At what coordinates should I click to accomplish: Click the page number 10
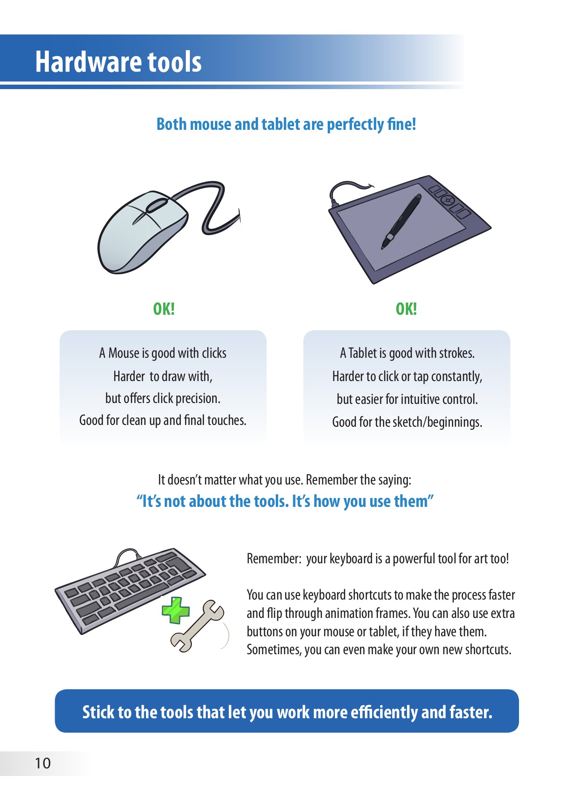43,763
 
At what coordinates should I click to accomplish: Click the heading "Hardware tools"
118,61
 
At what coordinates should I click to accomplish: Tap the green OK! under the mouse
164,309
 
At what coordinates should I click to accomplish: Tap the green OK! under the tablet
406,309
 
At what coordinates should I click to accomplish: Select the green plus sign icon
176,610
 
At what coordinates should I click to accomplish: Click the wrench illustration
197,626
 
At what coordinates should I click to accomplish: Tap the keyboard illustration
130,590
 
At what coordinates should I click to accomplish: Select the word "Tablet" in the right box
363,353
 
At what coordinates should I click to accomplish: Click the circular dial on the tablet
447,199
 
